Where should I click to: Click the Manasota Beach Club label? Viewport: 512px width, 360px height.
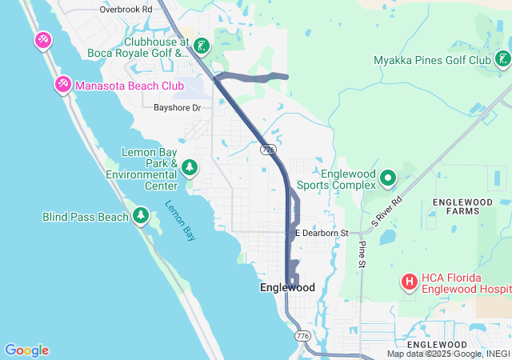121,83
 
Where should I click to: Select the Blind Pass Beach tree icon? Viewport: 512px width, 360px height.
141,215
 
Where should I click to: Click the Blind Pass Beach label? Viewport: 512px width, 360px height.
85,217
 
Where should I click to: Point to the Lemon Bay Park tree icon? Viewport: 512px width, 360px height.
190,167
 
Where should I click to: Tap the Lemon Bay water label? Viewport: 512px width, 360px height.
180,220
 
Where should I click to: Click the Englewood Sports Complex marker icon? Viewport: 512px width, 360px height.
388,178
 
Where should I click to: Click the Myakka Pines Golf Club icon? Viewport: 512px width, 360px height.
502,59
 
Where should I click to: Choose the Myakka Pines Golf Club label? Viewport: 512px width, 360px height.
432,60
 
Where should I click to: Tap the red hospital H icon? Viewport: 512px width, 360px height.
409,282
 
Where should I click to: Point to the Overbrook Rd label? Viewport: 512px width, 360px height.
126,10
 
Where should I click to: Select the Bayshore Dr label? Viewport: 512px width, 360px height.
177,106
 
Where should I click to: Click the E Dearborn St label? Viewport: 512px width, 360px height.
322,233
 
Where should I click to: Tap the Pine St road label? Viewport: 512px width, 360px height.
362,255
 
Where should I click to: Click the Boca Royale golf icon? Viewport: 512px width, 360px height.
202,46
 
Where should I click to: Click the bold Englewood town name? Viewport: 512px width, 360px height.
287,287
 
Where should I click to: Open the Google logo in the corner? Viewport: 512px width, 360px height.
26,350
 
